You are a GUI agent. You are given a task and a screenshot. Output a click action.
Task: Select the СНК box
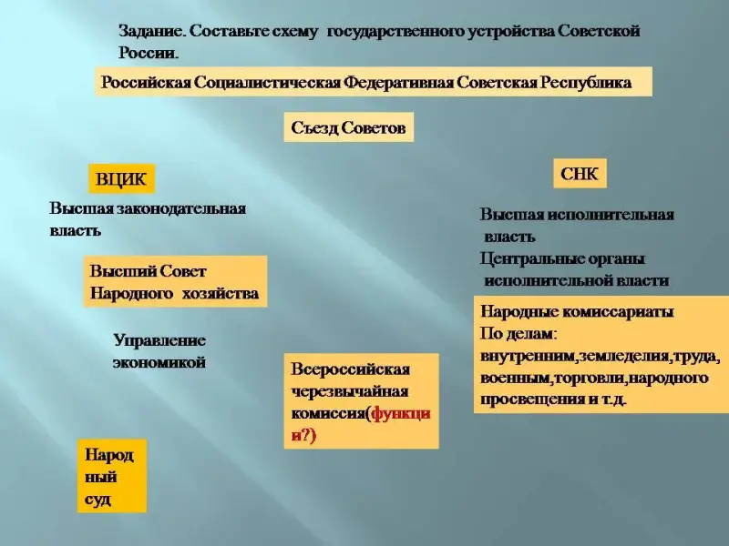(x=580, y=174)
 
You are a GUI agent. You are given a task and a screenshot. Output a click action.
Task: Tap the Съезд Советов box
(x=348, y=127)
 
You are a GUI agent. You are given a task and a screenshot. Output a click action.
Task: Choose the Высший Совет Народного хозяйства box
(x=174, y=282)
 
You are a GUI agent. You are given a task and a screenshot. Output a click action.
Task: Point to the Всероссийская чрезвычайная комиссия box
(x=361, y=401)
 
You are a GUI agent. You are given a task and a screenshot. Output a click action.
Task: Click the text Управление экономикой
(x=159, y=351)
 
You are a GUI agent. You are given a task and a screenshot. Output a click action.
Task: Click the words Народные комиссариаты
(x=576, y=311)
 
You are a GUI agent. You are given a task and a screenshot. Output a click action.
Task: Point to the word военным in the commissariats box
(x=514, y=377)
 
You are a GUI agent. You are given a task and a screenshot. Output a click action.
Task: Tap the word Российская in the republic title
(x=146, y=82)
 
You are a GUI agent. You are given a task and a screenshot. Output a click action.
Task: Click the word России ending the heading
(x=146, y=52)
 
